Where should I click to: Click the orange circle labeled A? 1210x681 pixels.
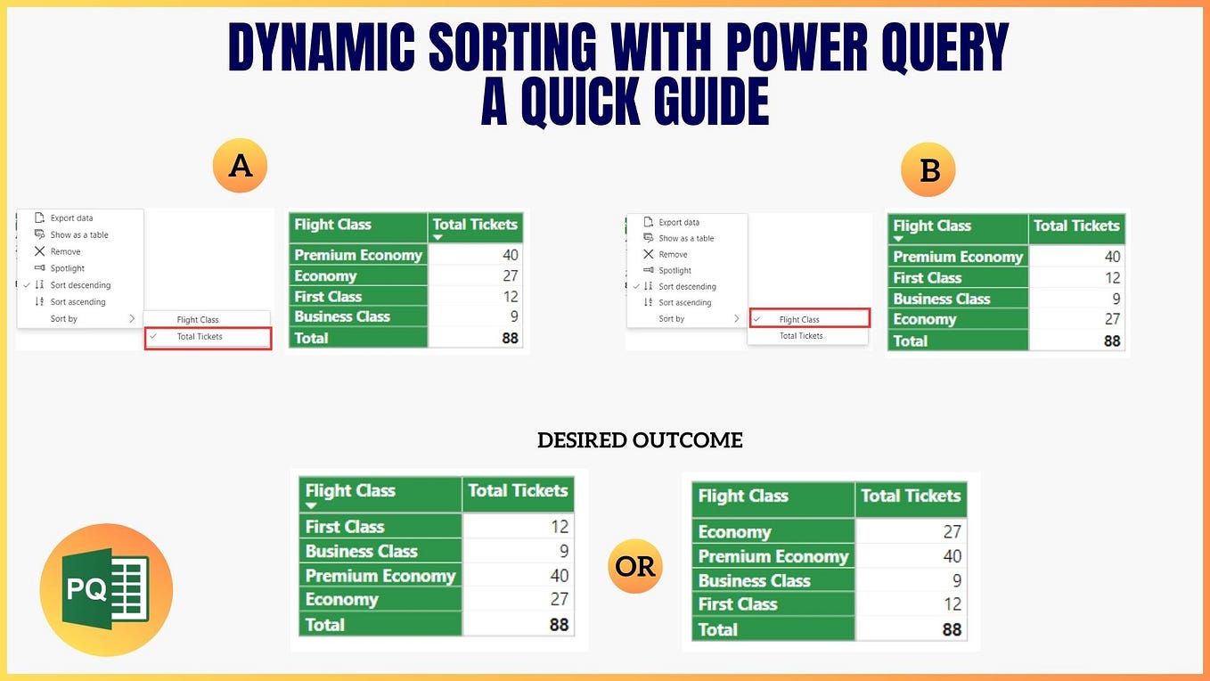click(x=240, y=166)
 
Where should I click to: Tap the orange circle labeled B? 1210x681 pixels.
click(x=928, y=169)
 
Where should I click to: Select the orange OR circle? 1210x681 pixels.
click(x=634, y=566)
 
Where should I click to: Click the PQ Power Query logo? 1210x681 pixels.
click(x=106, y=590)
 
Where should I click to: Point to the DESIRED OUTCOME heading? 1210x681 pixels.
click(x=640, y=440)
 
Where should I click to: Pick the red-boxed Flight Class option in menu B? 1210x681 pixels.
click(x=809, y=318)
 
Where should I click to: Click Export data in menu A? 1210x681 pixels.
click(x=71, y=217)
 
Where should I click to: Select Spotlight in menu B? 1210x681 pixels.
click(x=674, y=270)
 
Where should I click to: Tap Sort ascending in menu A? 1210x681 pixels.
click(x=78, y=301)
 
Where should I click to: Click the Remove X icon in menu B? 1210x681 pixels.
click(x=649, y=254)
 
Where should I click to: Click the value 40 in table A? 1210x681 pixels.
click(x=510, y=255)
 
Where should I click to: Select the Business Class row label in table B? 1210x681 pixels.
click(x=941, y=299)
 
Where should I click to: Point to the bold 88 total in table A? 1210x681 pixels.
click(x=510, y=339)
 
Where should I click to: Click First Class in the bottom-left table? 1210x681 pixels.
click(x=345, y=527)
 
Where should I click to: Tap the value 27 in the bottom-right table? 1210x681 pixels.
click(x=952, y=531)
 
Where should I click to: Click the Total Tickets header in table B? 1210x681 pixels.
click(x=1076, y=226)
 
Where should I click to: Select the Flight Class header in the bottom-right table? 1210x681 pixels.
click(x=743, y=496)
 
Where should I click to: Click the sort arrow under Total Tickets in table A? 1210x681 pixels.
click(x=438, y=237)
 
